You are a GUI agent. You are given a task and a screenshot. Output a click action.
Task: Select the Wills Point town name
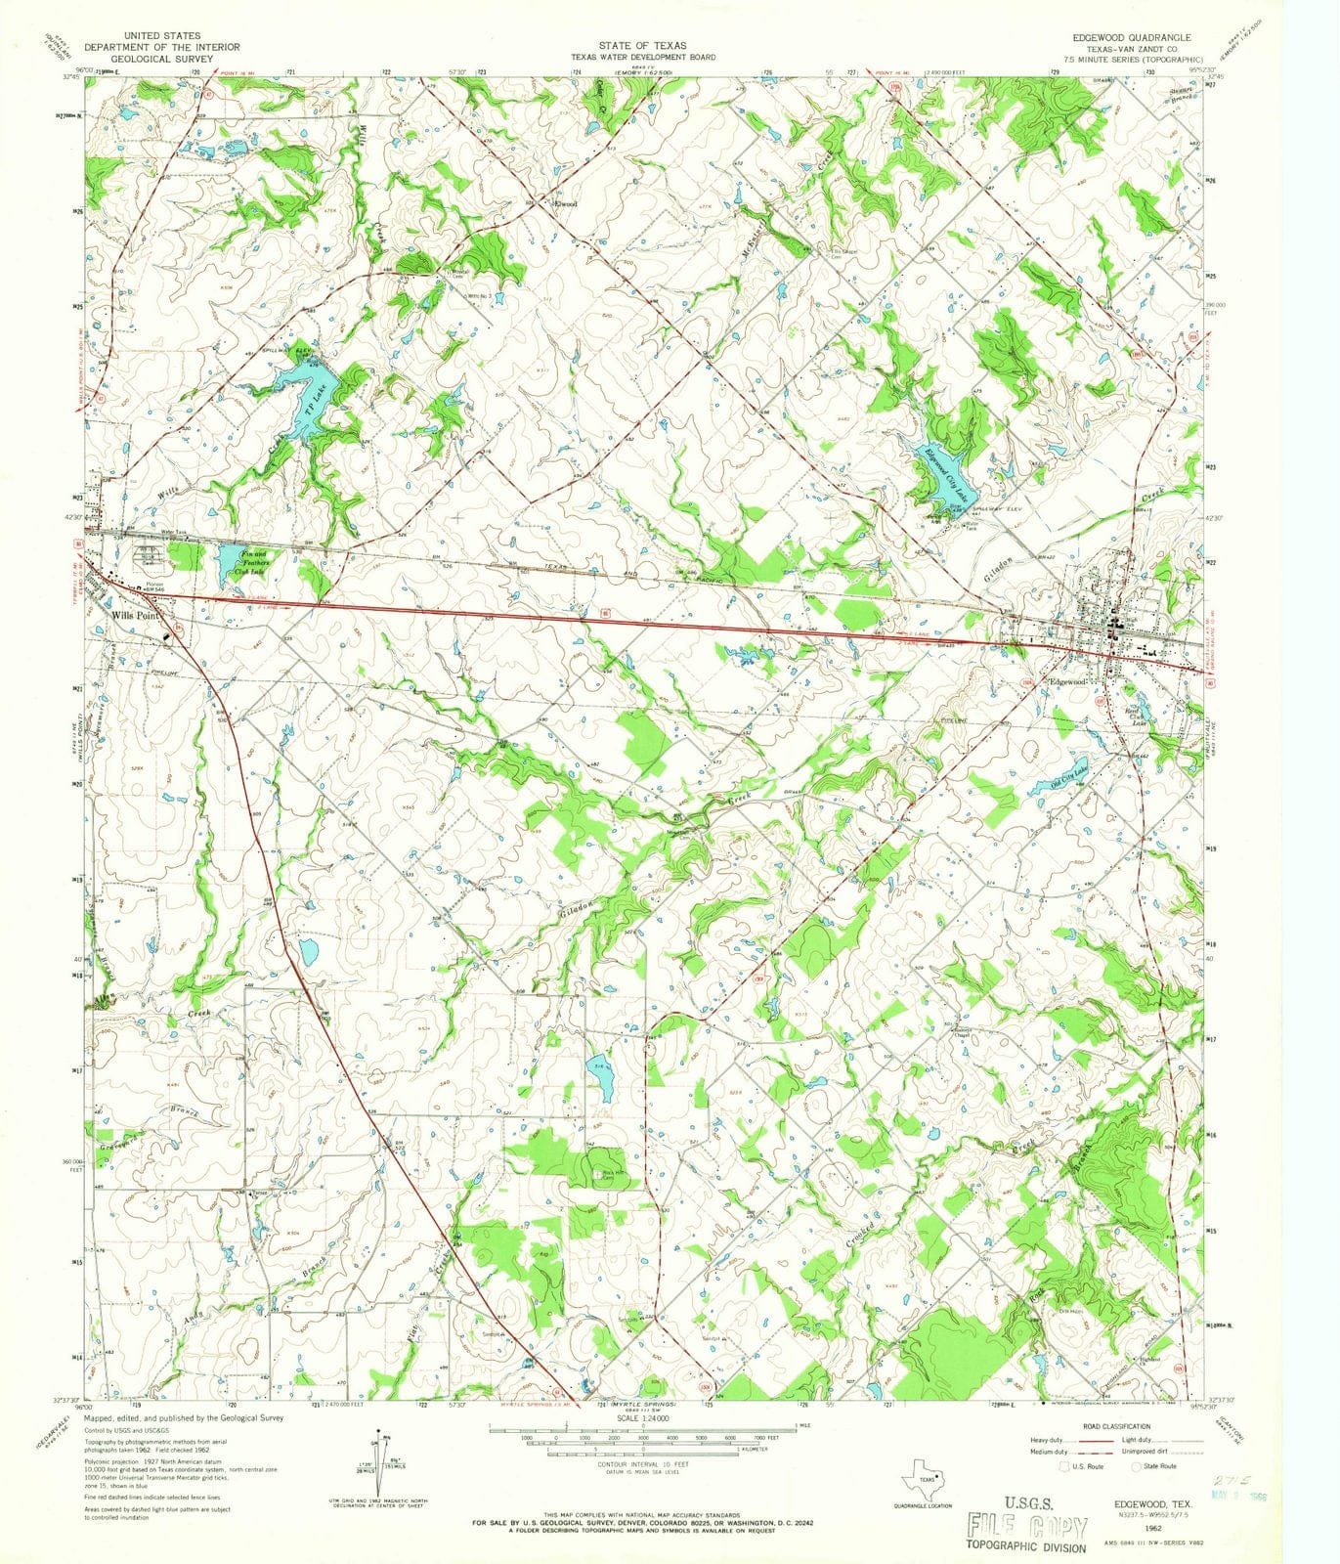pos(134,616)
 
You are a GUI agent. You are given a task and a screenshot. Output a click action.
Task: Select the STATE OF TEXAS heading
pos(643,46)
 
